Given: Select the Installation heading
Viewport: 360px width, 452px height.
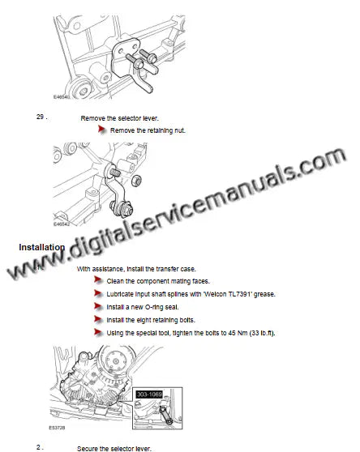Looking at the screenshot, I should point(41,246).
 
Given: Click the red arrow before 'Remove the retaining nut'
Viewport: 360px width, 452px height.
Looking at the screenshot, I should point(101,130).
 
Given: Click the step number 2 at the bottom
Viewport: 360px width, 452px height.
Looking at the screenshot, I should point(38,446).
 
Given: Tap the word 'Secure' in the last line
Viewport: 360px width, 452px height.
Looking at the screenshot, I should point(89,448).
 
